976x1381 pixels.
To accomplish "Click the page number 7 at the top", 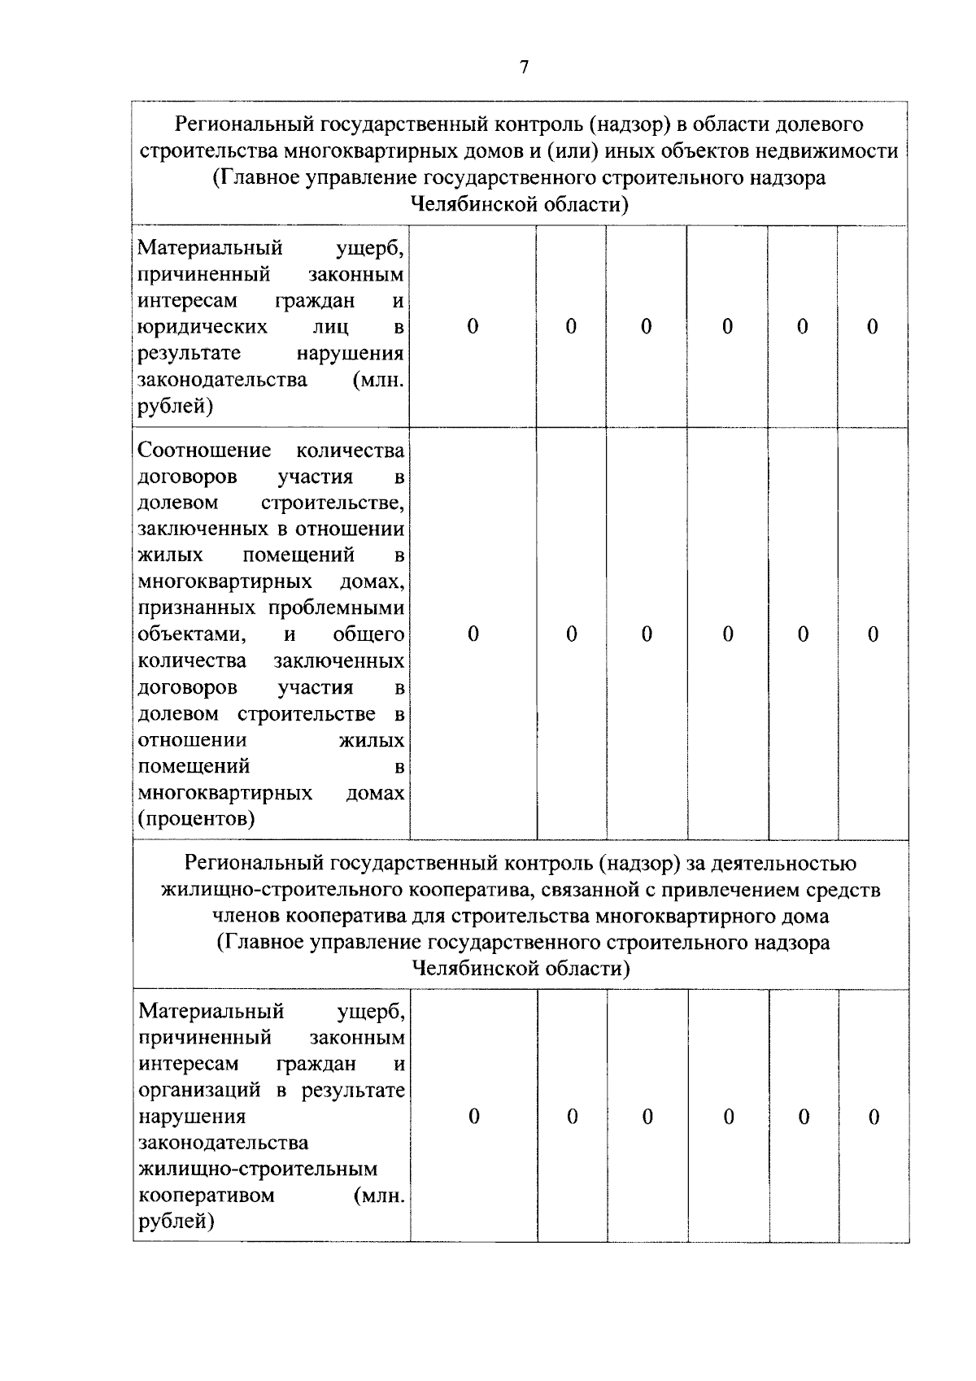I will [x=524, y=68].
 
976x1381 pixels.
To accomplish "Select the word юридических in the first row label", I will [x=203, y=327].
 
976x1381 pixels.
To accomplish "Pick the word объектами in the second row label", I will [x=191, y=634].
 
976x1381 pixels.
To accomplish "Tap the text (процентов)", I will [x=196, y=819].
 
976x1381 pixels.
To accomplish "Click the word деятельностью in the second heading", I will [x=786, y=863].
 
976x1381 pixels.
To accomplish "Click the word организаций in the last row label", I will [x=201, y=1090].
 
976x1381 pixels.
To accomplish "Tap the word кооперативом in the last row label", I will [x=207, y=1196].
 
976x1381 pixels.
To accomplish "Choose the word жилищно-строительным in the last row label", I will [x=259, y=1170].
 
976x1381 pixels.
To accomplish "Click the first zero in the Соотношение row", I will [x=473, y=634].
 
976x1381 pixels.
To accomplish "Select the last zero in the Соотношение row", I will [x=874, y=634].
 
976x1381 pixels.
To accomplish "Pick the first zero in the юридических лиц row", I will [x=473, y=327].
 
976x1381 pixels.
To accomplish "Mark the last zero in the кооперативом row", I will [x=874, y=1117].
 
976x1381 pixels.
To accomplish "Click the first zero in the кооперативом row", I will [x=474, y=1117].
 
